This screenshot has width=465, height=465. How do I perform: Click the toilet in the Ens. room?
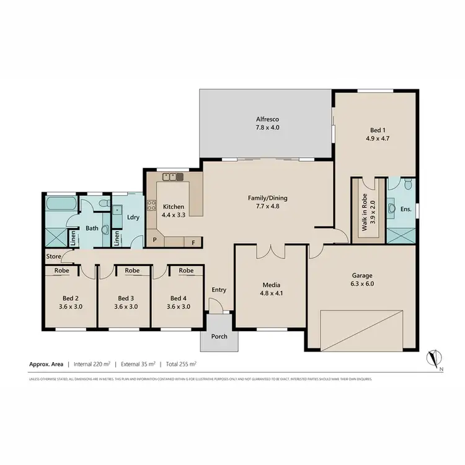407,184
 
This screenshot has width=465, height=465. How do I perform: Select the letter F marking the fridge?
193,242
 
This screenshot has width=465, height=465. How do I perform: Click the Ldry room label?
133,217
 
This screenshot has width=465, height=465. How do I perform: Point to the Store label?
53,257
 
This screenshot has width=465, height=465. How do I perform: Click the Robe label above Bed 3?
132,271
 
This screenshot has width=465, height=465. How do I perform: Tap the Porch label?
219,337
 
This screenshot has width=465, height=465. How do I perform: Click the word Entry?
219,290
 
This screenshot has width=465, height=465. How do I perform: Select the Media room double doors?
271,250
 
